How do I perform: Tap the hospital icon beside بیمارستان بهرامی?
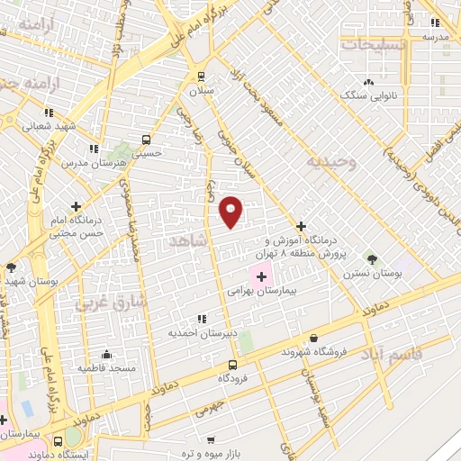(260, 276)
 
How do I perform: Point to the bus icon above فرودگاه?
(233, 365)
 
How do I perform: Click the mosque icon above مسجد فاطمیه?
(107, 354)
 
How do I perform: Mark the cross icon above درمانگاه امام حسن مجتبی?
(76, 205)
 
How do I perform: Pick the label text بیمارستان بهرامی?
(262, 291)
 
